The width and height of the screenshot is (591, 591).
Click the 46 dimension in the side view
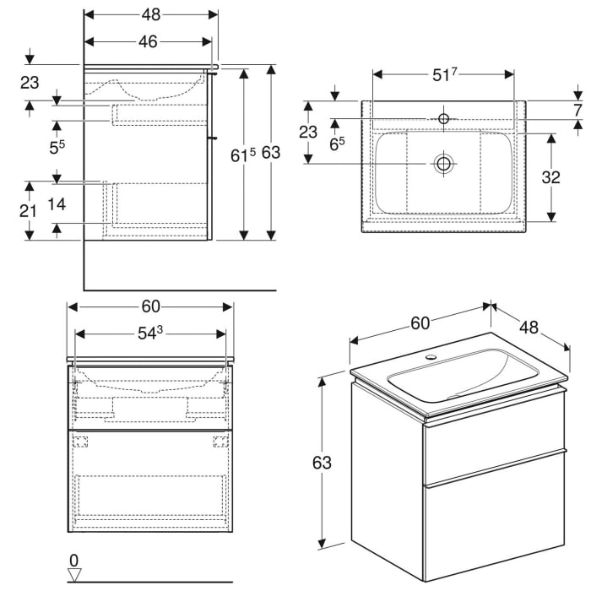[148, 42]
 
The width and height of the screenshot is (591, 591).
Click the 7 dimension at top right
[577, 110]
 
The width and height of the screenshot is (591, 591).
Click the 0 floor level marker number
[73, 560]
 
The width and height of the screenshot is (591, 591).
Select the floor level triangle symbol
[74, 575]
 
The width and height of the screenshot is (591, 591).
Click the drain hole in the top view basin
[442, 163]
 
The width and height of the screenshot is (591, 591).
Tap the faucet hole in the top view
[443, 119]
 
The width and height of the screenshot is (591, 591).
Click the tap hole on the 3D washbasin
[433, 358]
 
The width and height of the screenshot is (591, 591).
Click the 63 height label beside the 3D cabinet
[322, 463]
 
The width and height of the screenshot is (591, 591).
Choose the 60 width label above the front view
[150, 306]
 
